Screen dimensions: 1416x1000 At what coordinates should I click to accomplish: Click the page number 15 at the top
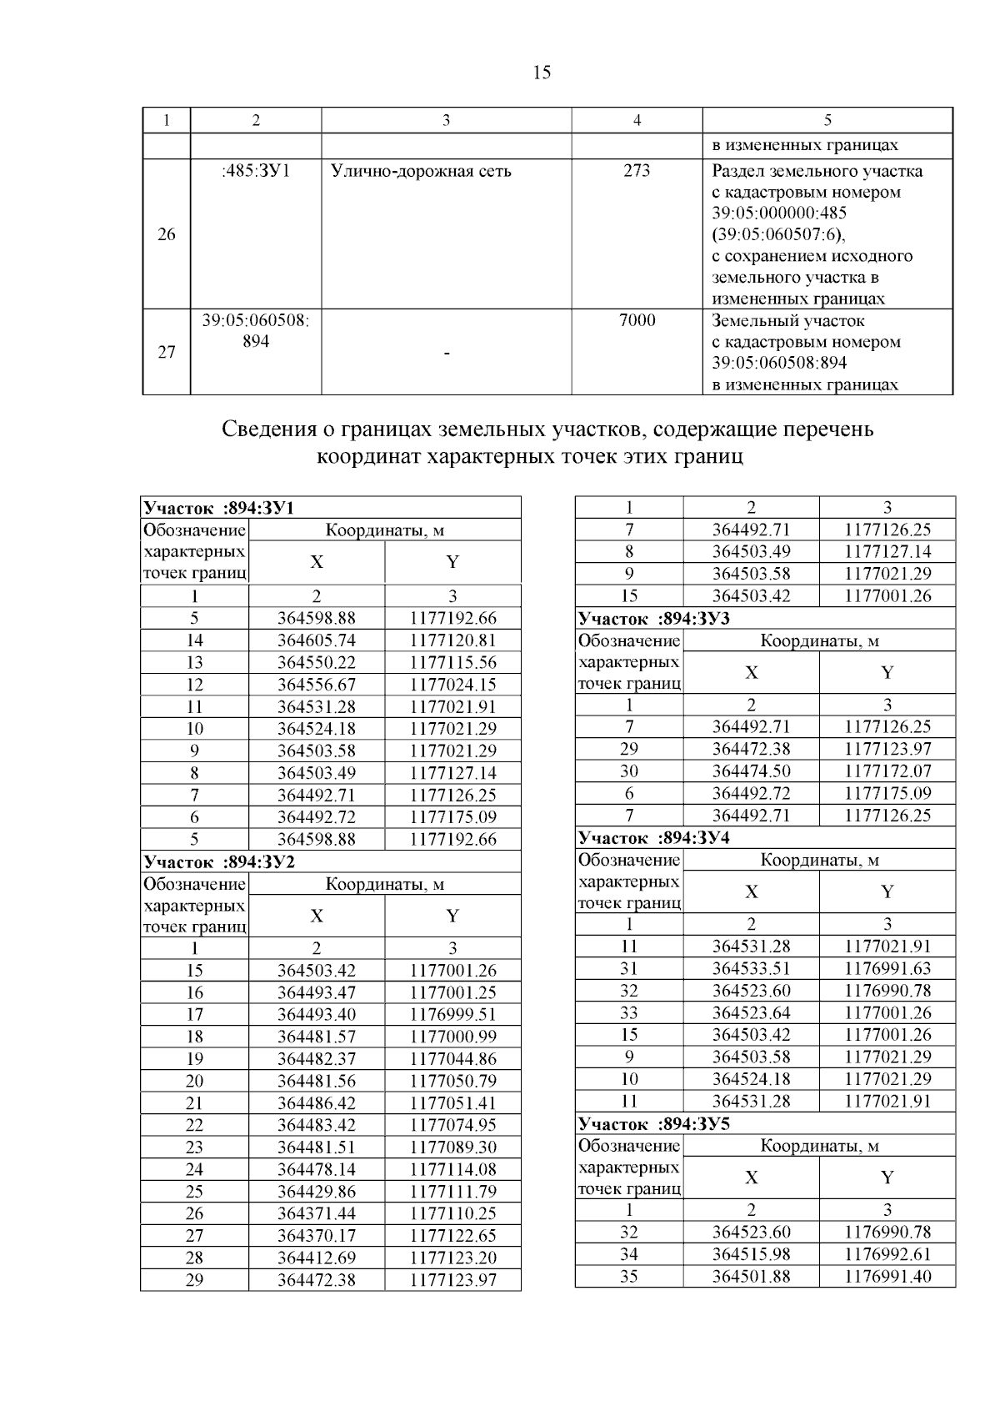point(542,73)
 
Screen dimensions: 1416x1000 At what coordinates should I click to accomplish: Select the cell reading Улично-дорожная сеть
point(421,172)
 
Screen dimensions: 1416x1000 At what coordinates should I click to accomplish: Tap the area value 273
point(637,172)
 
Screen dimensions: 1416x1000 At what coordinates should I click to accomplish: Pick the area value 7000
point(637,321)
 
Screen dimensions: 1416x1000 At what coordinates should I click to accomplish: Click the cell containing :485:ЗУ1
point(256,172)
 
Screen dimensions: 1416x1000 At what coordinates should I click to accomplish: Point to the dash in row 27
point(447,354)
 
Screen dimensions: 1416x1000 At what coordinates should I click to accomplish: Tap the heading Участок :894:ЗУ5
point(654,1123)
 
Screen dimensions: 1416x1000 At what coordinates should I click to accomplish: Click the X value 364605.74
point(317,640)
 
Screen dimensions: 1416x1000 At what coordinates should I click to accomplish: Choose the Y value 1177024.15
point(453,685)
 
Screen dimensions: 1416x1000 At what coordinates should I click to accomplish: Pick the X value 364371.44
point(317,1213)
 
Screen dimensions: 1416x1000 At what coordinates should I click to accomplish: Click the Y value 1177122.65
point(453,1236)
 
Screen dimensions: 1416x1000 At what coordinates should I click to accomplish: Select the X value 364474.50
point(752,771)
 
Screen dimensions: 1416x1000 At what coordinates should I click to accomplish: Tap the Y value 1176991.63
point(887,969)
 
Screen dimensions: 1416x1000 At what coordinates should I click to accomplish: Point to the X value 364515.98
point(752,1254)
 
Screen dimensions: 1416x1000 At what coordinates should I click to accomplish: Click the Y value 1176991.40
point(887,1277)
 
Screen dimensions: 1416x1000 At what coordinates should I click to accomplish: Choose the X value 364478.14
point(317,1169)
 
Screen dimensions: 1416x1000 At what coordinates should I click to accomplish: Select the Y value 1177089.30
point(453,1147)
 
